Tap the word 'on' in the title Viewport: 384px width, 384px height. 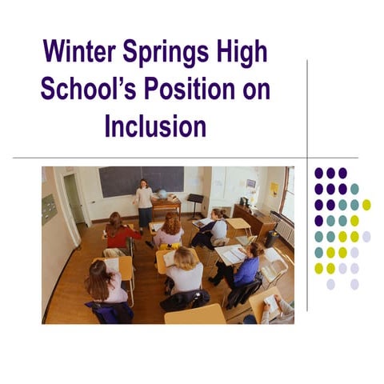pyautogui.click(x=256, y=89)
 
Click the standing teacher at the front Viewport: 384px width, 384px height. pyautogui.click(x=144, y=203)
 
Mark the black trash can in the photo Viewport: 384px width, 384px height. pyautogui.click(x=272, y=238)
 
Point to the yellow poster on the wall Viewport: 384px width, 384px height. pyautogui.click(x=274, y=189)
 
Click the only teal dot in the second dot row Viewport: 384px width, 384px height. pyautogui.click(x=354, y=189)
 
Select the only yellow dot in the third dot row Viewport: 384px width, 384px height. pyautogui.click(x=366, y=205)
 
